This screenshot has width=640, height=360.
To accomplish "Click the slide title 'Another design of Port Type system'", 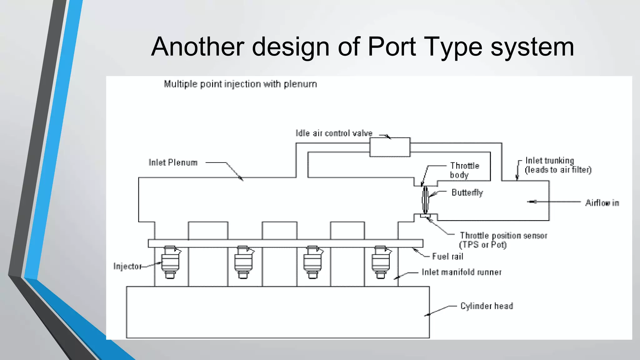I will click(362, 47).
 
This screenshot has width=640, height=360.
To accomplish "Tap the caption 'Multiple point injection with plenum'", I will click(240, 84).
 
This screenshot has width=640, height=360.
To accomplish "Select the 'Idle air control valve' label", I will click(334, 133).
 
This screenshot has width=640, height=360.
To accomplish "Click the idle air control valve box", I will click(390, 147).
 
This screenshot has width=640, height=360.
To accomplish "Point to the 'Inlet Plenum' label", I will click(173, 162).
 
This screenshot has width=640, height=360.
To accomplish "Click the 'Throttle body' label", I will click(464, 170).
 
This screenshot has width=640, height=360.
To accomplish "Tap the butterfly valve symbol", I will click(425, 199).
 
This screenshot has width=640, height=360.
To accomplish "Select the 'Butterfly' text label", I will click(467, 192).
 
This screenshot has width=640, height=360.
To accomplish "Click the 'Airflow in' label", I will click(602, 203).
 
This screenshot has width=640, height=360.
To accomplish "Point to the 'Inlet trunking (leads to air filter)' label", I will click(558, 165).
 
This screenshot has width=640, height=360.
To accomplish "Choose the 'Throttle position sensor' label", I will click(503, 240).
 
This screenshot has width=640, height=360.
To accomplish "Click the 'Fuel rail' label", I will click(447, 257).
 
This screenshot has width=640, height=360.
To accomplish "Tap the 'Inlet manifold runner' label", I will click(462, 272).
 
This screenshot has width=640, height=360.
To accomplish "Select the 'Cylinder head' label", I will click(487, 306).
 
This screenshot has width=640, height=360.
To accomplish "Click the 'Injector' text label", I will click(127, 266).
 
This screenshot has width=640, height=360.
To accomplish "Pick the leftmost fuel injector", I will click(170, 262).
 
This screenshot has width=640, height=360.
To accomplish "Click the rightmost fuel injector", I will click(381, 262).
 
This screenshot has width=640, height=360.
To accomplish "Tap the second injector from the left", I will click(243, 262).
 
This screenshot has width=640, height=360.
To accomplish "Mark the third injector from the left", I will click(312, 262).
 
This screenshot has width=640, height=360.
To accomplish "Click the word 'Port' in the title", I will click(392, 47).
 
